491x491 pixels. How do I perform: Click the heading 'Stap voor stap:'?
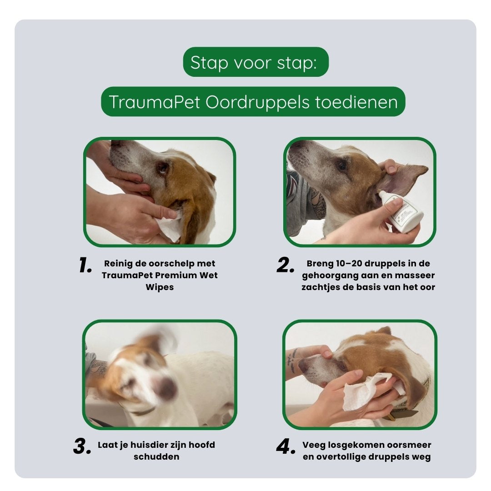tap(255, 62)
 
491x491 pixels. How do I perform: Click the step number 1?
tap(85, 266)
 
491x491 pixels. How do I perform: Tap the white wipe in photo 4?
tap(364, 391)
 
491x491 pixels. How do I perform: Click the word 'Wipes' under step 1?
tap(160, 288)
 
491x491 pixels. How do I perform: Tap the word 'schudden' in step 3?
tap(156, 457)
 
